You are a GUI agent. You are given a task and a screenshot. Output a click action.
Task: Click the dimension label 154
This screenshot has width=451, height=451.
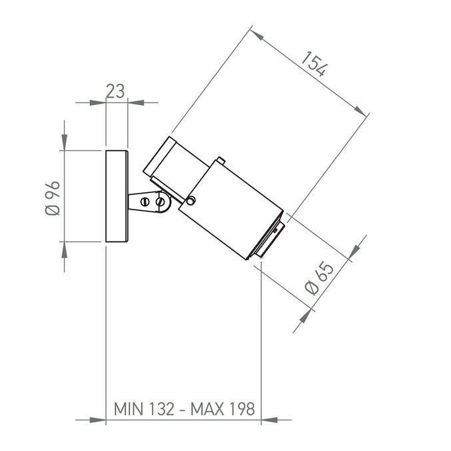point(314,64)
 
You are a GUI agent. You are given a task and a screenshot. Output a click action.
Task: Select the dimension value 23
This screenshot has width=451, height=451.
point(115,91)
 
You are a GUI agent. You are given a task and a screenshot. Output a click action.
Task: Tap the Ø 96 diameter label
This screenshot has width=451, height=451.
point(53,198)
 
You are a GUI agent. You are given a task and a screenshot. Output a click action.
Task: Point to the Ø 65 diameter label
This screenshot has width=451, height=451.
point(319,278)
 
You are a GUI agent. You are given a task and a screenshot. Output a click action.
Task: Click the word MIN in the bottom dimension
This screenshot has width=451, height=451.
point(129,408)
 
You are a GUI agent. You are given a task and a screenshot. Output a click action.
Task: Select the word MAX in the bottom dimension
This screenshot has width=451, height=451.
point(207,408)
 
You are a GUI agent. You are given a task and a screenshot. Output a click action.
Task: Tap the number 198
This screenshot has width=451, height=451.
point(242,408)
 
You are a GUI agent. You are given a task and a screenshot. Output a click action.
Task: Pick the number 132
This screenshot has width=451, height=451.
point(162,408)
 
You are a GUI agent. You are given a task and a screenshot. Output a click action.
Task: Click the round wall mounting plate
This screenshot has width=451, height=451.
point(117,196)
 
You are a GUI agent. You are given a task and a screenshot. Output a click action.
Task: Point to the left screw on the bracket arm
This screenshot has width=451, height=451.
point(145,202)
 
